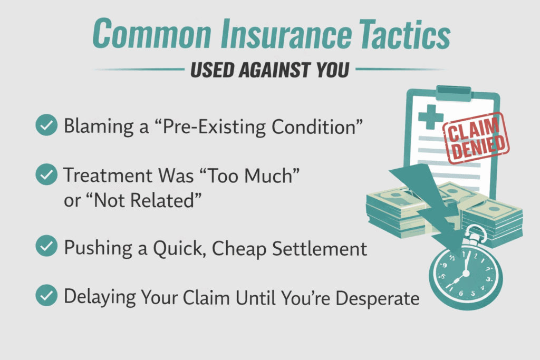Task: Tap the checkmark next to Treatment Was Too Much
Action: [x=46, y=174]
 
